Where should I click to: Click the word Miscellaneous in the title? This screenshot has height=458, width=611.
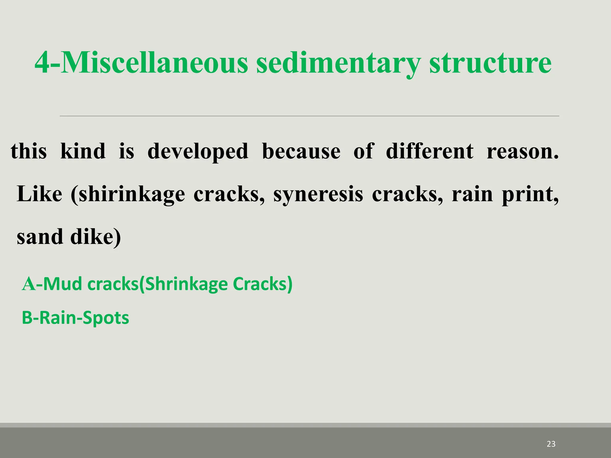coord(154,63)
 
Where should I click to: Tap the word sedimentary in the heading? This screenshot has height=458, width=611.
coord(338,63)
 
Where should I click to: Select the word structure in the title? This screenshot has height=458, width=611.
coord(490,63)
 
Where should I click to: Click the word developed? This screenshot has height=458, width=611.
coord(198,151)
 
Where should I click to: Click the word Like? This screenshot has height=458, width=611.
coord(39,194)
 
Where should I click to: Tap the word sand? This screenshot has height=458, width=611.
coord(40,237)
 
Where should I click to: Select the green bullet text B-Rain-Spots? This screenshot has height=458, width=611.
coord(75,318)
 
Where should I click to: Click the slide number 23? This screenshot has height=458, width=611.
coord(551,444)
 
